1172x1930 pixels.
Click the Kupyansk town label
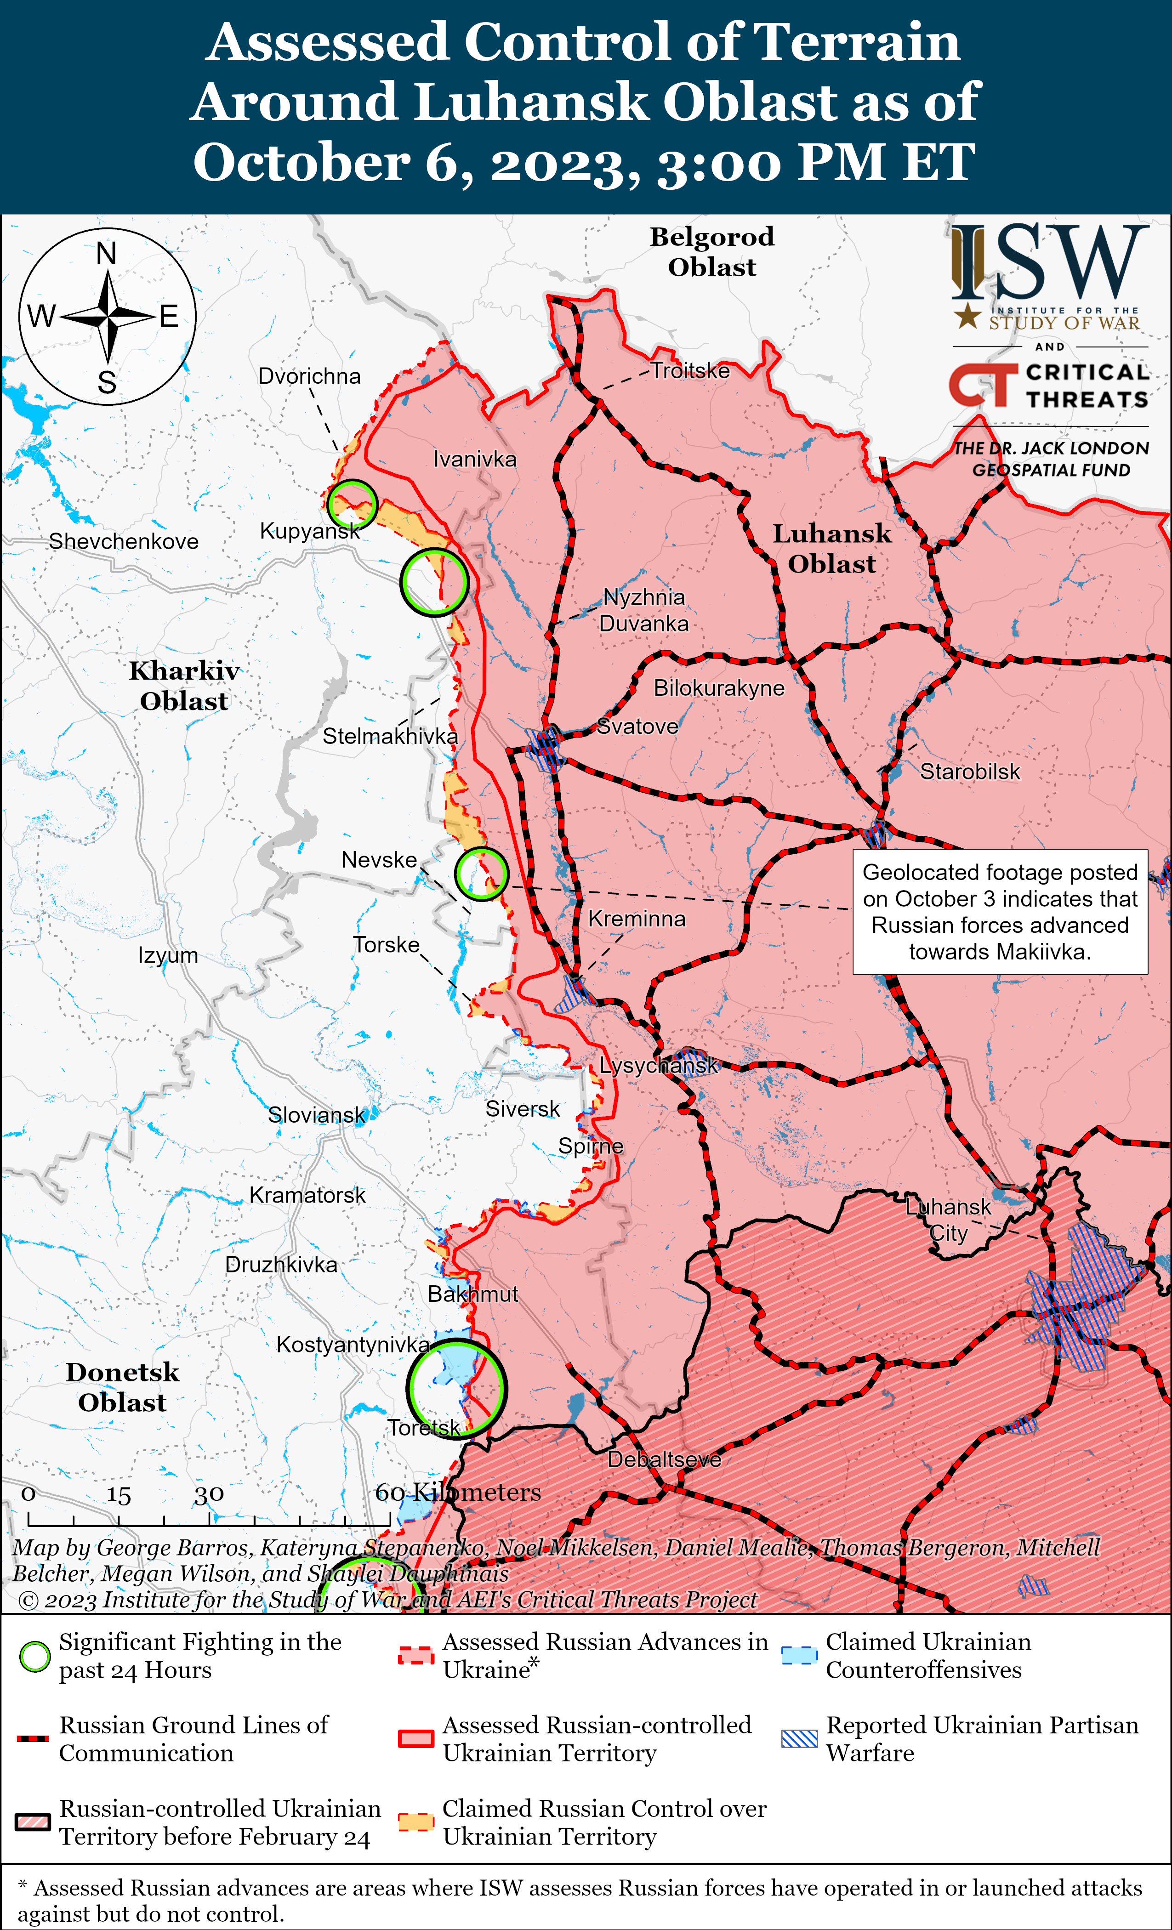tap(309, 531)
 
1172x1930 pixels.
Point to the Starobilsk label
tap(970, 772)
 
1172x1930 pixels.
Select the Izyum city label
tap(168, 956)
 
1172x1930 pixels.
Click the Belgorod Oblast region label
tap(711, 251)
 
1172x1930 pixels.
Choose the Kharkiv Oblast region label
tap(184, 685)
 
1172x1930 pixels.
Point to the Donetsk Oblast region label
tap(122, 1387)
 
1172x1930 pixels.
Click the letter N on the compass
tap(107, 253)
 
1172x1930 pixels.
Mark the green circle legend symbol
tap(34, 1656)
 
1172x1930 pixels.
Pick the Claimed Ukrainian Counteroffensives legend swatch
tap(799, 1656)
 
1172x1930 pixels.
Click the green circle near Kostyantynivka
tap(457, 1389)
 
